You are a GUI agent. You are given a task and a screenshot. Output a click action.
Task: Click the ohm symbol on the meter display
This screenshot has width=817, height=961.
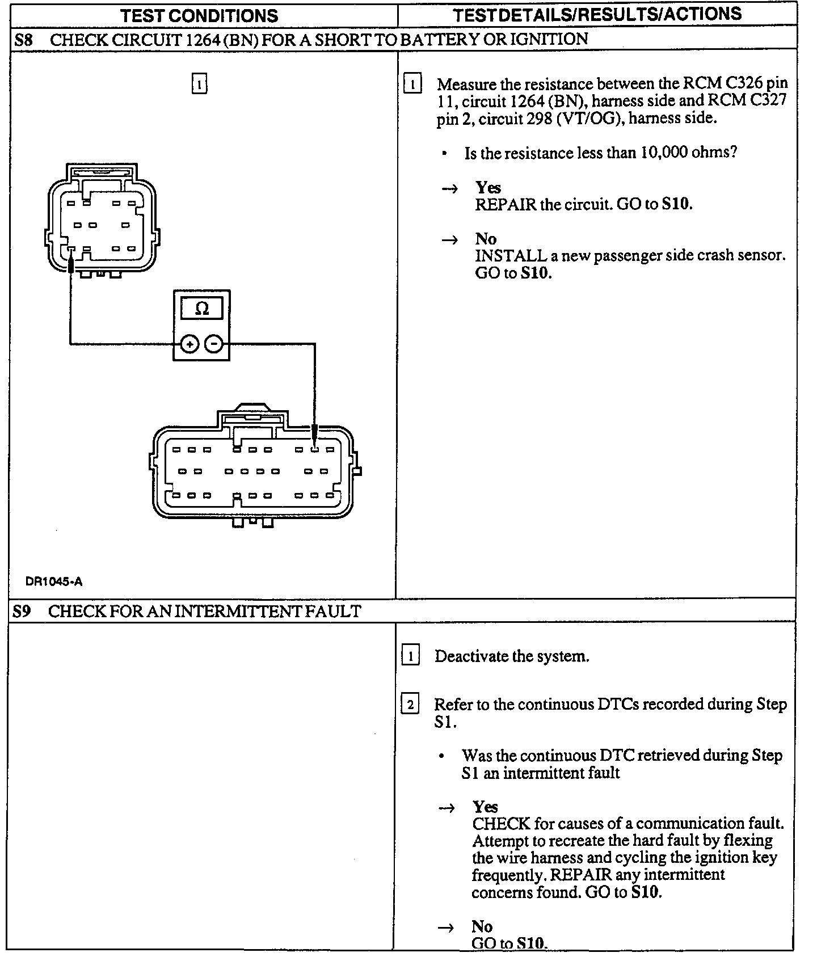202,309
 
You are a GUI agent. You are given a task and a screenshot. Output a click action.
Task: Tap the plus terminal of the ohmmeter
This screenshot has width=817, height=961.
189,344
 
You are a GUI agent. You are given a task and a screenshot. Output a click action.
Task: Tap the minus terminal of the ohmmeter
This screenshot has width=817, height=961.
213,344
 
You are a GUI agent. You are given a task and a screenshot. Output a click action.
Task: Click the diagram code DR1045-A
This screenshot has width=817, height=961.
54,581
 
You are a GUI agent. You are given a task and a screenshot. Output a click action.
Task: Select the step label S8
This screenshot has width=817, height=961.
23,40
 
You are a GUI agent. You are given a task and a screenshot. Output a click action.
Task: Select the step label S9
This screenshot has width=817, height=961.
22,611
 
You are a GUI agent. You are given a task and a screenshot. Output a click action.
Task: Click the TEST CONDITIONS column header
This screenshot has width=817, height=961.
200,15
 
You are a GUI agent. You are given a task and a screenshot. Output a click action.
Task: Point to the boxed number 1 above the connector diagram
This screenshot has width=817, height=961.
199,84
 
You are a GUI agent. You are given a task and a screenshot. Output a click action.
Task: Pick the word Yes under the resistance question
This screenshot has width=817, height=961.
488,187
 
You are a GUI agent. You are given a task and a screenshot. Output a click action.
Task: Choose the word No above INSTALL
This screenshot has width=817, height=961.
486,238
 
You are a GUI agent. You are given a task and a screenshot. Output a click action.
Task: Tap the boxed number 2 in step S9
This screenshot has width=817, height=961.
410,705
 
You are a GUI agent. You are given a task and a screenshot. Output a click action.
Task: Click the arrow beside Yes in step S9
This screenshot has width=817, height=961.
448,808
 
